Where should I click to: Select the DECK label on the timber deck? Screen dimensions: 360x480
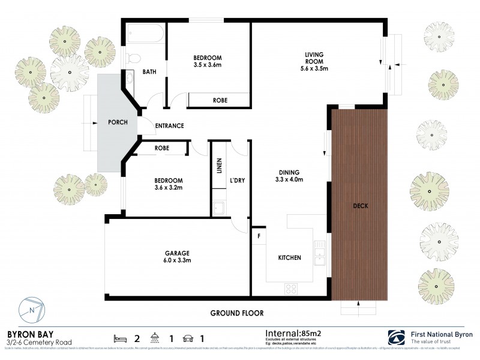pos(361,206)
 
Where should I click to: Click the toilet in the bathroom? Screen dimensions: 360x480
pos(133,58)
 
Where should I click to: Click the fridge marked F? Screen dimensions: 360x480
pos(259,236)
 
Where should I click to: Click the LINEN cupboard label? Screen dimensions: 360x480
pos(219,166)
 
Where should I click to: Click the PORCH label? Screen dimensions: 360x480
pos(117,122)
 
